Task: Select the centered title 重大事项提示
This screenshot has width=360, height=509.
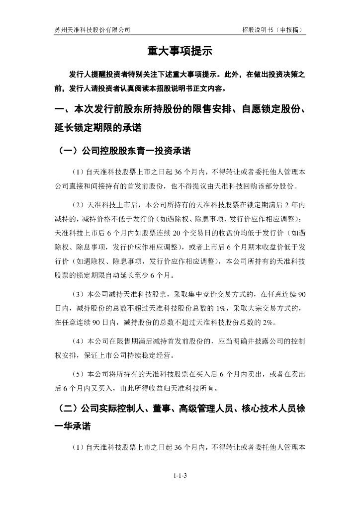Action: coord(180,51)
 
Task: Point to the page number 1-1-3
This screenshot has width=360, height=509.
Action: coord(180,476)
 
